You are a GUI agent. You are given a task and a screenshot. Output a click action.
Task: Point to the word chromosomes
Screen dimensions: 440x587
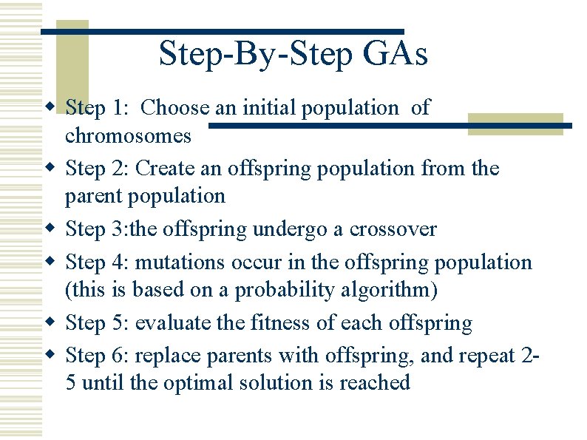coord(128,136)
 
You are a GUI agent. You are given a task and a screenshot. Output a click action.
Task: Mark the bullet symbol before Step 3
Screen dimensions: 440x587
coord(50,229)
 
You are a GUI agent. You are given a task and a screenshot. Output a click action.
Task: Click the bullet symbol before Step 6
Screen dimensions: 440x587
coord(50,355)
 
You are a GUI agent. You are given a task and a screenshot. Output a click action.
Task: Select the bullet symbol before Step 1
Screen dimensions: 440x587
coord(50,108)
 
